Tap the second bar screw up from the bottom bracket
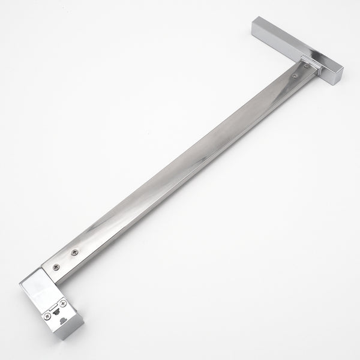[74, 252]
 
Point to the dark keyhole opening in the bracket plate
[56, 311]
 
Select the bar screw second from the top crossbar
[295, 76]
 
